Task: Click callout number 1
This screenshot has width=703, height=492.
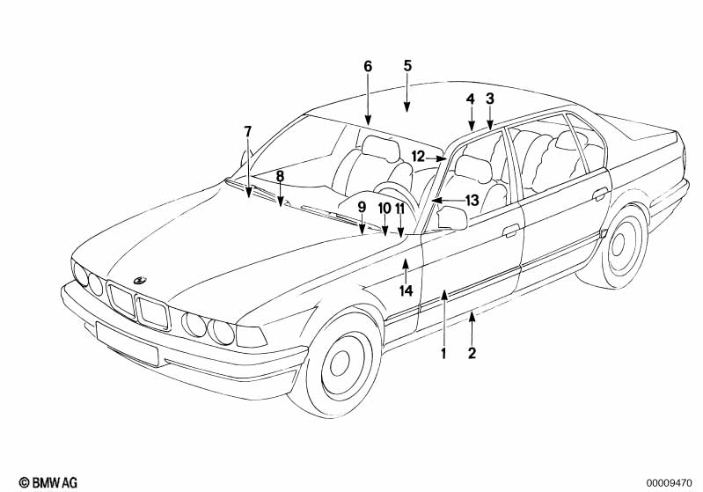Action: [x=443, y=354]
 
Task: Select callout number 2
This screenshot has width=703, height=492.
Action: [x=472, y=354]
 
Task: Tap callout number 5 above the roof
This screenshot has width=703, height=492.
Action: [x=407, y=65]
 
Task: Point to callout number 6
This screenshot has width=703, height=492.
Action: [x=368, y=66]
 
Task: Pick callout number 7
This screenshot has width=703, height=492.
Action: [x=247, y=131]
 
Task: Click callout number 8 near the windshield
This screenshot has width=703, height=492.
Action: [x=280, y=176]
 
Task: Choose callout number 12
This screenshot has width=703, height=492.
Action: [x=418, y=157]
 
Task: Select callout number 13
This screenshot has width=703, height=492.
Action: [x=472, y=201]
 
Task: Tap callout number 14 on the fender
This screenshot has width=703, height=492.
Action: [x=406, y=290]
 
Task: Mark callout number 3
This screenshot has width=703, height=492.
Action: [x=490, y=99]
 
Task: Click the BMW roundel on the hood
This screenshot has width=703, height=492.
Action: [x=139, y=280]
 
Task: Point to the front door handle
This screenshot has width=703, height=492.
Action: [x=510, y=231]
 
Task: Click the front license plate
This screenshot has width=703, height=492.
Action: [x=127, y=342]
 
